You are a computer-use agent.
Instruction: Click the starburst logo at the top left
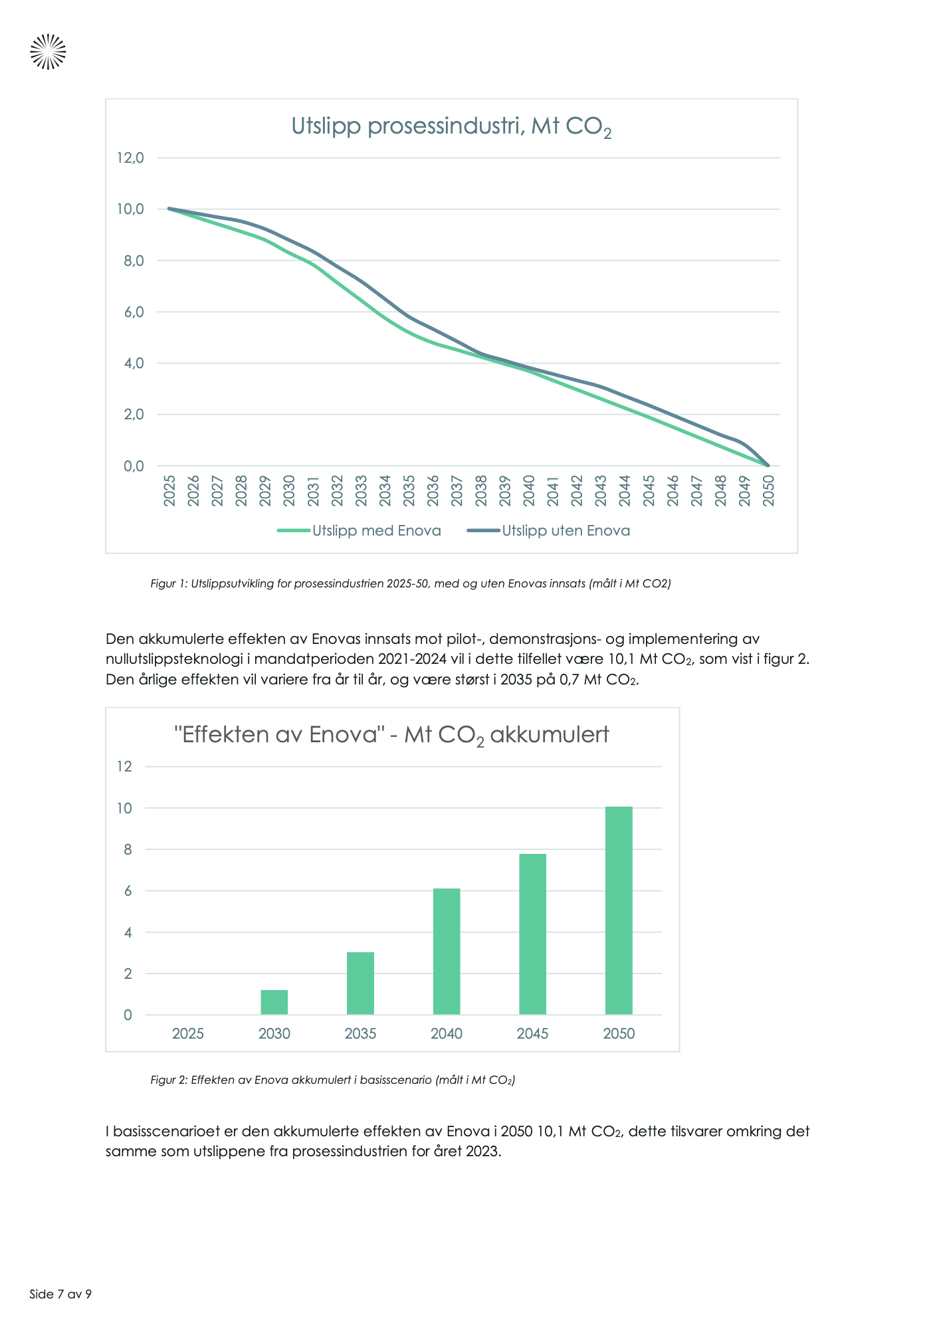tap(48, 51)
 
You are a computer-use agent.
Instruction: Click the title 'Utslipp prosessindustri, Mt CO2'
tap(451, 126)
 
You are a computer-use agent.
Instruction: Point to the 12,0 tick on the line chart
tap(130, 158)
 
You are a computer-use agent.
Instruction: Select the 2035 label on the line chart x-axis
tap(409, 490)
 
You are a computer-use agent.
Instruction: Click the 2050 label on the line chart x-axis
tap(769, 490)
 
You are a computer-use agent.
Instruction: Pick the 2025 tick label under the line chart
tap(169, 490)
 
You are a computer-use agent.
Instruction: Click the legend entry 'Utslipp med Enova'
tap(376, 531)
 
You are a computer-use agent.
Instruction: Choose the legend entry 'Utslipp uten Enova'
tap(566, 531)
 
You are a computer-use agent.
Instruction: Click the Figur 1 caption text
tap(411, 584)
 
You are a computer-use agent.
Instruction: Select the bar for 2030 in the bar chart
tap(274, 1002)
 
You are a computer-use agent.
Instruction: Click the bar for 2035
tap(360, 983)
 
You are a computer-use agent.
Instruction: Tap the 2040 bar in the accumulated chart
tap(447, 952)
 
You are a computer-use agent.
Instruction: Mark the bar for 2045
tap(533, 934)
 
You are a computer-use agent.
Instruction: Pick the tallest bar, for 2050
tap(619, 910)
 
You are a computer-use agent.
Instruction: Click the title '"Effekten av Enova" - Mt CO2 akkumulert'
tap(391, 736)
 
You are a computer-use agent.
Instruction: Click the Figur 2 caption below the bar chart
tap(332, 1080)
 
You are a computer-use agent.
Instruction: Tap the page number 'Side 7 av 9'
tap(60, 1294)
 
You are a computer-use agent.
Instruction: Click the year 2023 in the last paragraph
tap(482, 1152)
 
